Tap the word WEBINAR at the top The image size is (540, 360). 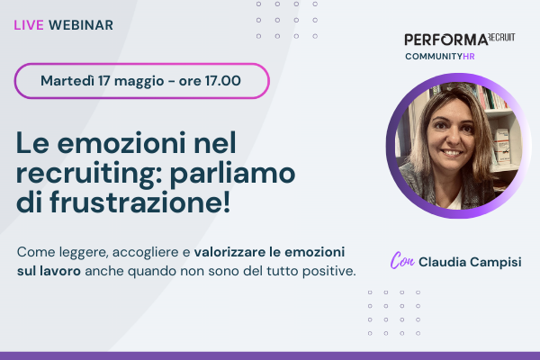82,25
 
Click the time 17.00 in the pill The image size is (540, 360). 220,81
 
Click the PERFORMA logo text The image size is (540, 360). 446,40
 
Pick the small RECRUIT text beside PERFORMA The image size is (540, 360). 503,39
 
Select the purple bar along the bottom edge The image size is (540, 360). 270,355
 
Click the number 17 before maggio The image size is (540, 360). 114,81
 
